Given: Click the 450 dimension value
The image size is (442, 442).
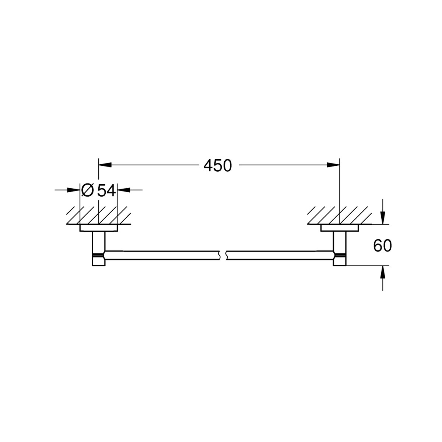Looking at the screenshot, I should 218,166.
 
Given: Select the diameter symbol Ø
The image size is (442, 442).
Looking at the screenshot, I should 87,190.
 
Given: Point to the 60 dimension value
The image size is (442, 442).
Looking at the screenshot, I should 382,246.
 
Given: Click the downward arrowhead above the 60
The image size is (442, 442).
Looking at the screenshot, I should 383,218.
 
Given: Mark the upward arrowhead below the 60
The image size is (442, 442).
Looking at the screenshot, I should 383,272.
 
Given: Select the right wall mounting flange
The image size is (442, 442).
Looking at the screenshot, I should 339,228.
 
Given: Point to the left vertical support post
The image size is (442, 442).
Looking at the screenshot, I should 98,243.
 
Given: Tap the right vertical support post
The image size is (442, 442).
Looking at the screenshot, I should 339,243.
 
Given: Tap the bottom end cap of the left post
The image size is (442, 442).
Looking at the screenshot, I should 98,261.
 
